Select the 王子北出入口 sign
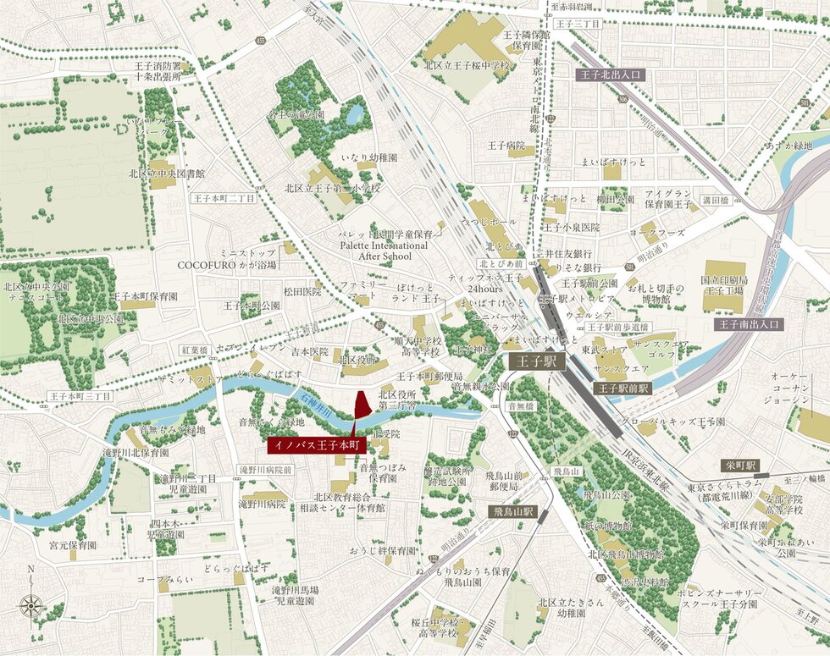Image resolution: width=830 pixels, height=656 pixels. coord(611,74)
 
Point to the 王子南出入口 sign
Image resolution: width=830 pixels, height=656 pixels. coord(749,324)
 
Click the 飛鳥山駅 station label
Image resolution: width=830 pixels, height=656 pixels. coord(515,512)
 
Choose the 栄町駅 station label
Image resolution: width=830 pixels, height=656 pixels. coord(740,466)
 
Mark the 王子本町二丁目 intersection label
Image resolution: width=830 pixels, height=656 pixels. coord(223,198)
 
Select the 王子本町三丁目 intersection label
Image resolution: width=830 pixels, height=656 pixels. coord(80,395)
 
